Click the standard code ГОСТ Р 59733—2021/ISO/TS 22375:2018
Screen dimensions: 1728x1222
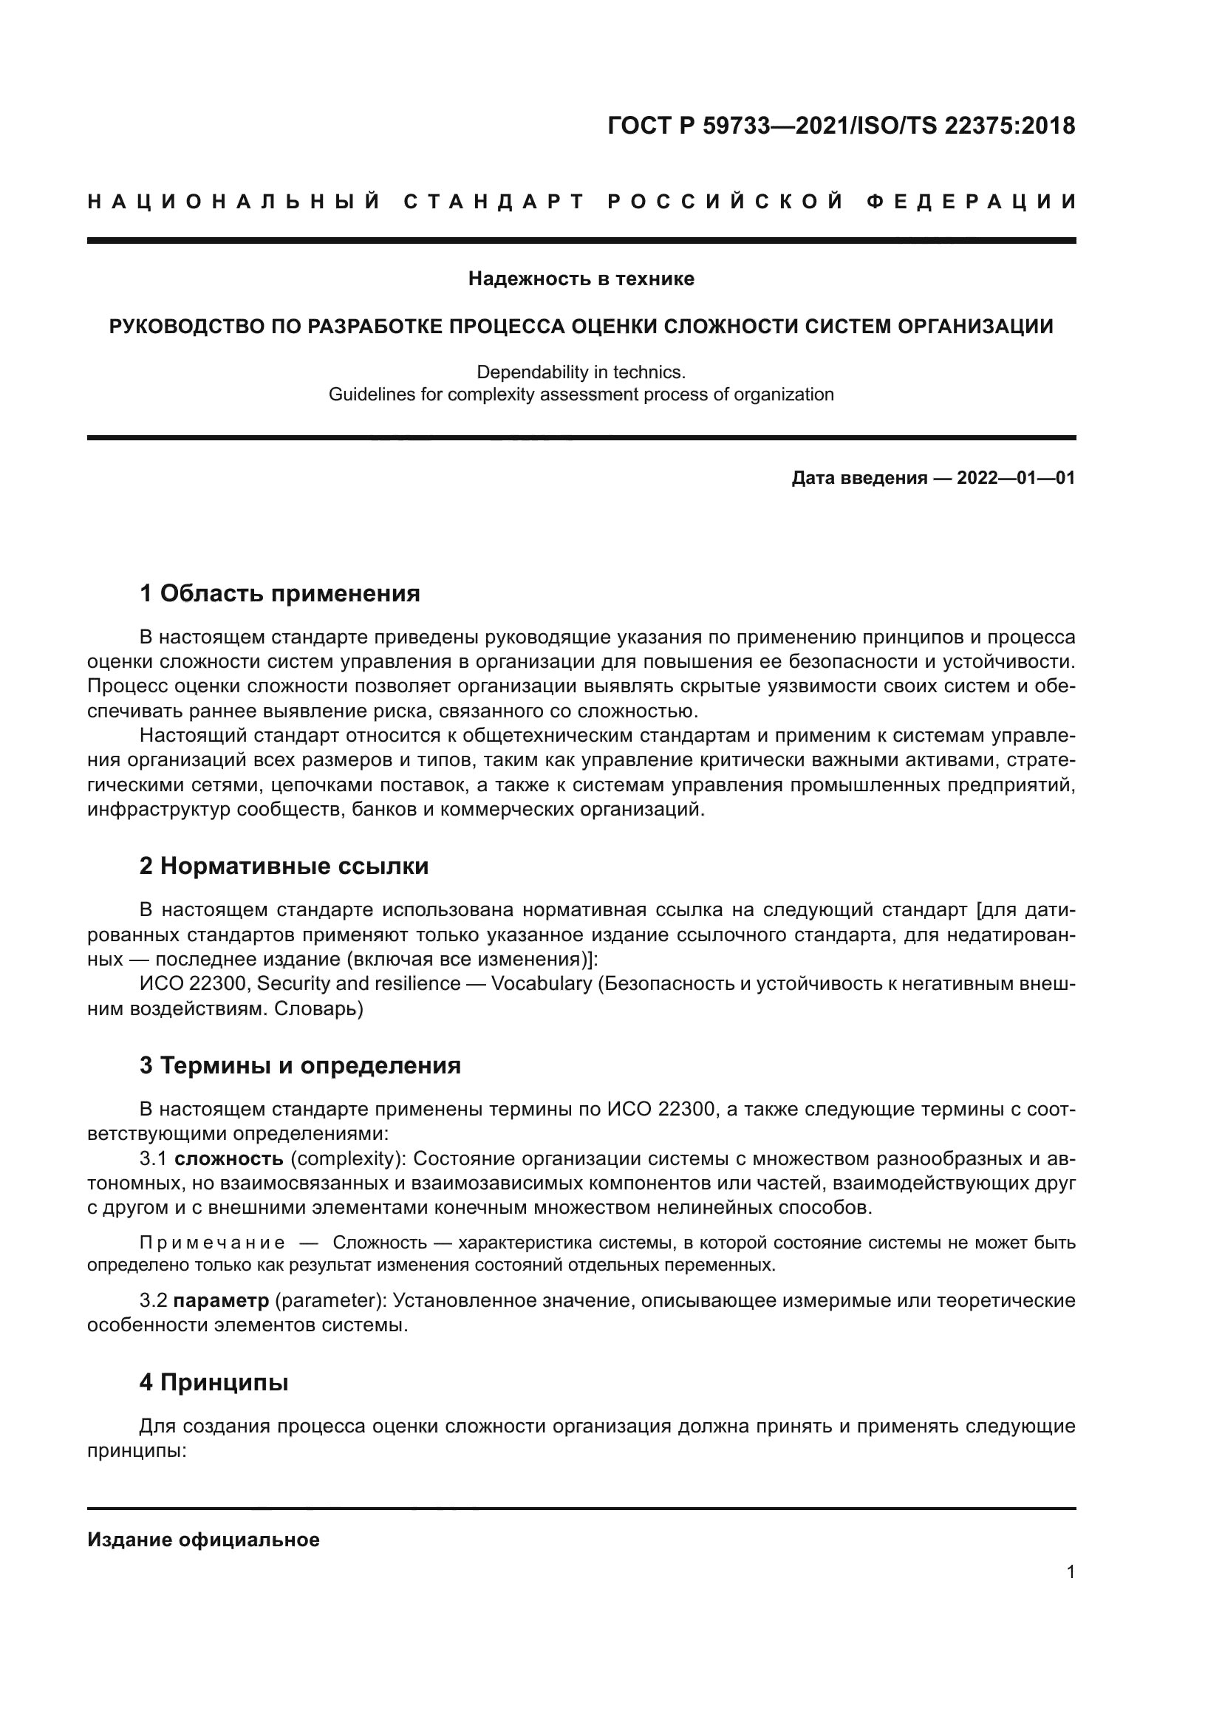842,126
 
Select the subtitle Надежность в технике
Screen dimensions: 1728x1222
581,279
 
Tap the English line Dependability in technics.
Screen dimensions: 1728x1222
581,372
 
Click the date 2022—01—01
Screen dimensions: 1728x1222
1016,478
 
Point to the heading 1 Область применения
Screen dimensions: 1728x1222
279,594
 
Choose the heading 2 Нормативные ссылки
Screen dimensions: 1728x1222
284,867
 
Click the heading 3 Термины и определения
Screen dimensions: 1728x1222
299,1066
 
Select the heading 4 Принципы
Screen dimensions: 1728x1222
214,1382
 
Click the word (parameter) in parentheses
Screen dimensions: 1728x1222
330,1300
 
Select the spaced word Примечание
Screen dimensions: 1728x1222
212,1243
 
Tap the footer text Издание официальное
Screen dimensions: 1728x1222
203,1540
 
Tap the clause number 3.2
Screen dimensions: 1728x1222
154,1300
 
